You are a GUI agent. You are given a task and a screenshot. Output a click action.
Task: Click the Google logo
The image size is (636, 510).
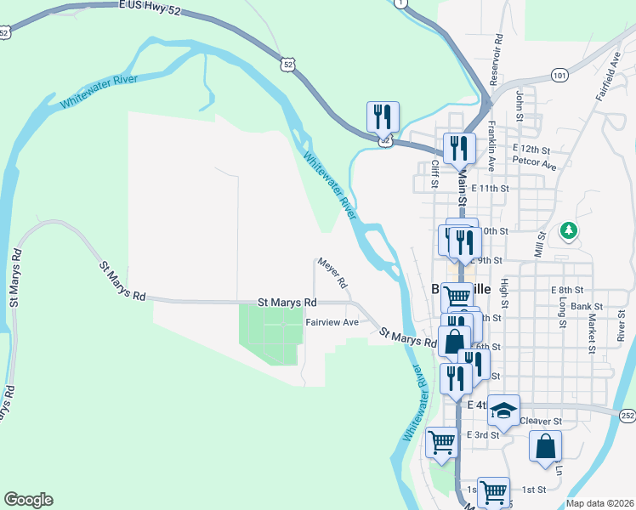28,500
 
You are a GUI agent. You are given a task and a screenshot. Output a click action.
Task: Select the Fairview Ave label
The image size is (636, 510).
332,322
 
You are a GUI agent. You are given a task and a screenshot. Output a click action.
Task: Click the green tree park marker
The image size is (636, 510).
569,230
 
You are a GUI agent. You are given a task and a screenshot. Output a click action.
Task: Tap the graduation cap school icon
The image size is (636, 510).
503,411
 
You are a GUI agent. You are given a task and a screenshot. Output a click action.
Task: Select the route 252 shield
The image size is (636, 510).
627,415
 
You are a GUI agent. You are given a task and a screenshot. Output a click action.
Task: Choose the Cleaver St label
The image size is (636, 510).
541,421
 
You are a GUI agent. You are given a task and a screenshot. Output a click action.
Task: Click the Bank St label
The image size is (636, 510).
587,306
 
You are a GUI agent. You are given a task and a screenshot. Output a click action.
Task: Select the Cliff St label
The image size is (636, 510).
434,173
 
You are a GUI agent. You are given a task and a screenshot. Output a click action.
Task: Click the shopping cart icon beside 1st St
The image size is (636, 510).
492,490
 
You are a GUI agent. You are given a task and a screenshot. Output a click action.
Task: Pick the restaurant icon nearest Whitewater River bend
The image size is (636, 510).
383,116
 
